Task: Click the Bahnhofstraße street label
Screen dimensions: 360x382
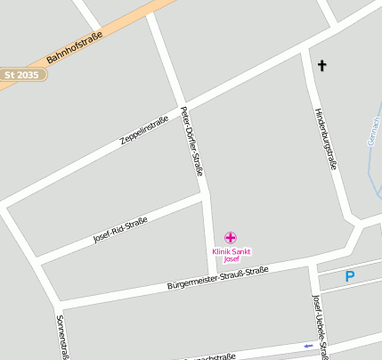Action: point(75,48)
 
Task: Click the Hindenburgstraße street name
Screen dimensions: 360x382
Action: point(325,137)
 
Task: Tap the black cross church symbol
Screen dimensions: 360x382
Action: point(321,65)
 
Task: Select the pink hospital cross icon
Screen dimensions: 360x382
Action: point(231,237)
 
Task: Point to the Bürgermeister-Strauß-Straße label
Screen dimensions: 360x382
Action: point(217,277)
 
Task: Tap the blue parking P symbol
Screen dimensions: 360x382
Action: point(350,277)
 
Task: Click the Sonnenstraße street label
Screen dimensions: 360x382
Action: point(61,337)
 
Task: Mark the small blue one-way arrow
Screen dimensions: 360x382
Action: point(309,346)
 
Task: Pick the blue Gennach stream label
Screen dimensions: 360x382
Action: point(374,134)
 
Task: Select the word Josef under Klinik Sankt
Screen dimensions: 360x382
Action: point(232,259)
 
